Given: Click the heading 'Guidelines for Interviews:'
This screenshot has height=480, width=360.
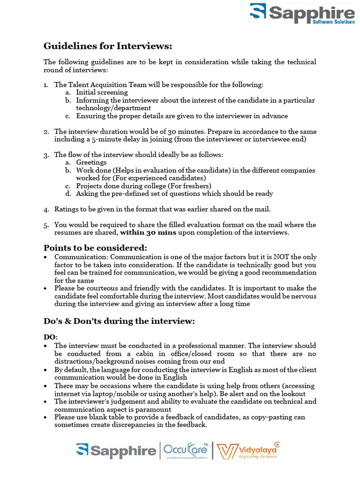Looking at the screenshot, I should (108, 46).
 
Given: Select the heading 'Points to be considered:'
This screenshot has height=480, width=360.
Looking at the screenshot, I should (95, 247).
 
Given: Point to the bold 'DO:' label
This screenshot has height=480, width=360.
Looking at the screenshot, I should (51, 337).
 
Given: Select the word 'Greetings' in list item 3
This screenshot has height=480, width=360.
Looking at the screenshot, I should (91, 162).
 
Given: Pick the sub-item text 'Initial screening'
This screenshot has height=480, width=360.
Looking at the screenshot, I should (102, 92).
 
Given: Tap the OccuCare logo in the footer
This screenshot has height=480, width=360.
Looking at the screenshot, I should (185, 450).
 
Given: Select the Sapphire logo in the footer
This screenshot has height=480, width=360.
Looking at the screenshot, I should (116, 451).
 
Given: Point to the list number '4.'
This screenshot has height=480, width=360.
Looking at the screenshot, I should (46, 209).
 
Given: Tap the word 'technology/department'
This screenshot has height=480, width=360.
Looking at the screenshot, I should (107, 108).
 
